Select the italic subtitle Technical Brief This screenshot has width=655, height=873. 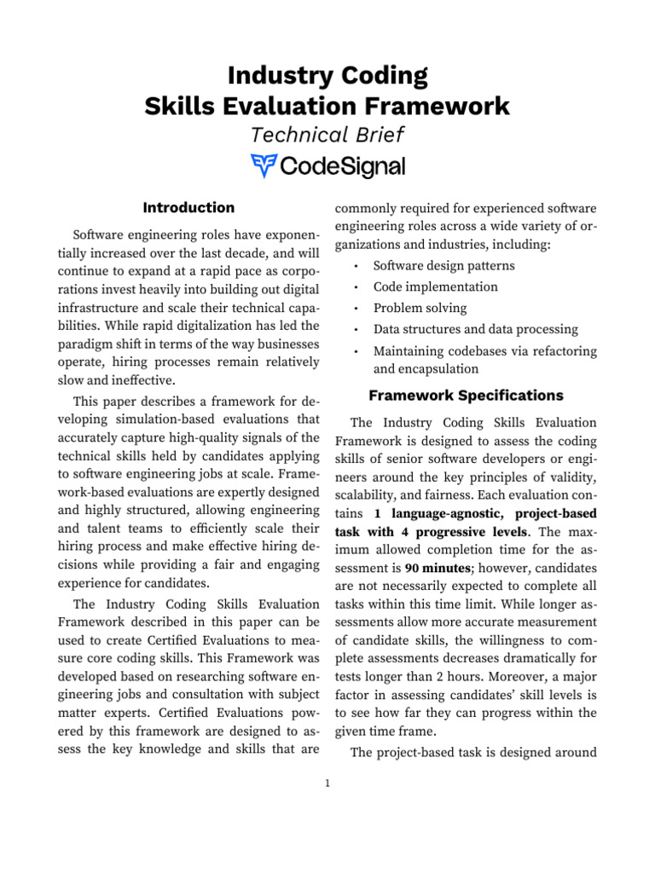point(327,135)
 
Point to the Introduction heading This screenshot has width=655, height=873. point(188,207)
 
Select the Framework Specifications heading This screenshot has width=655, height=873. point(465,396)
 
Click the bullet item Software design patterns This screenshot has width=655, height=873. point(443,266)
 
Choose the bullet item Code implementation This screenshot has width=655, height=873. point(435,287)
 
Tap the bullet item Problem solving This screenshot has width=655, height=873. point(420,309)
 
